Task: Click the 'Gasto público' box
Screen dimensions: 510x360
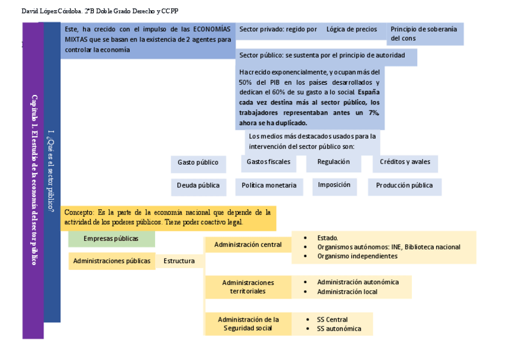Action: click(198, 163)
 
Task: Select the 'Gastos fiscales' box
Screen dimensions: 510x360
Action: click(268, 162)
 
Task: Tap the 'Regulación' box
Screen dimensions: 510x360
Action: click(333, 162)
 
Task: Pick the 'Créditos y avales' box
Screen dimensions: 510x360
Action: click(405, 162)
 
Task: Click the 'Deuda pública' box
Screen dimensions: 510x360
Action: click(198, 186)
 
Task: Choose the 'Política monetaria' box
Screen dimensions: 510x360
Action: click(269, 186)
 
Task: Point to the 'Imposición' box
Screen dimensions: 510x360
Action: click(334, 185)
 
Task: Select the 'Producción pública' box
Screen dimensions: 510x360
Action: click(404, 186)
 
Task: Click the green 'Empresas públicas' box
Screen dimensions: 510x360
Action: click(111, 239)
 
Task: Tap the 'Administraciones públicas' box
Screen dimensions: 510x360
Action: click(112, 261)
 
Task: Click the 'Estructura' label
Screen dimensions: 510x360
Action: click(179, 261)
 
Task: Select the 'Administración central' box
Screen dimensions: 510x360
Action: click(248, 245)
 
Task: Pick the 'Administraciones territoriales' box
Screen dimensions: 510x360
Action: click(248, 287)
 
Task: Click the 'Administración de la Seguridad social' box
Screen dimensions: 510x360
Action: click(248, 324)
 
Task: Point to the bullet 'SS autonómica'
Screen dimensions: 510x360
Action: click(339, 329)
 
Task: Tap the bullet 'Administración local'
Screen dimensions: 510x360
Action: click(347, 292)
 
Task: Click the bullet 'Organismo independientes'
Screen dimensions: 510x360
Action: click(357, 256)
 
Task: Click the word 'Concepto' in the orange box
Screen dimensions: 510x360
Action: click(79, 213)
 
